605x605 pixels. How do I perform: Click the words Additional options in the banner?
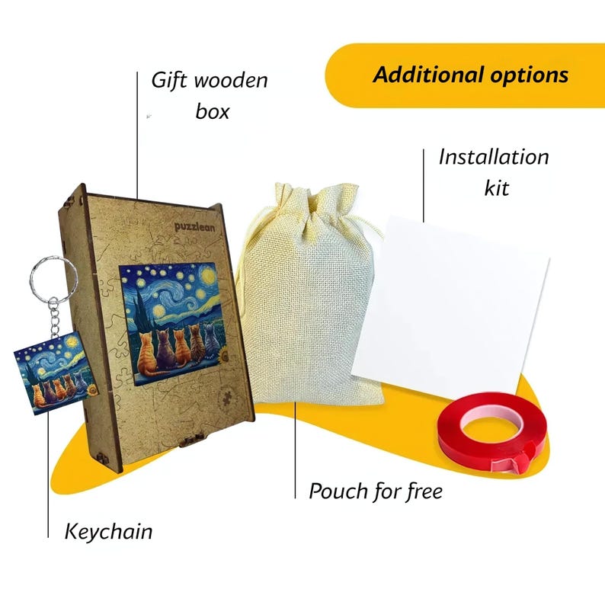tap(470, 75)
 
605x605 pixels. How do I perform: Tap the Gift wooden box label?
tap(210, 96)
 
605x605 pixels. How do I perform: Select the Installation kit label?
tap(494, 172)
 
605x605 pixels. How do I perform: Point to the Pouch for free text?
tap(376, 491)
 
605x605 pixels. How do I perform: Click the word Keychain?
tap(108, 531)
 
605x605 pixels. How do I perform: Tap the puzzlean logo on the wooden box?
tap(194, 227)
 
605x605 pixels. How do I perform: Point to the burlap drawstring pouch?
tap(309, 297)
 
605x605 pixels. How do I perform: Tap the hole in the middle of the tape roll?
tap(491, 425)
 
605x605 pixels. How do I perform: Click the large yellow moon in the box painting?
tap(208, 275)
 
